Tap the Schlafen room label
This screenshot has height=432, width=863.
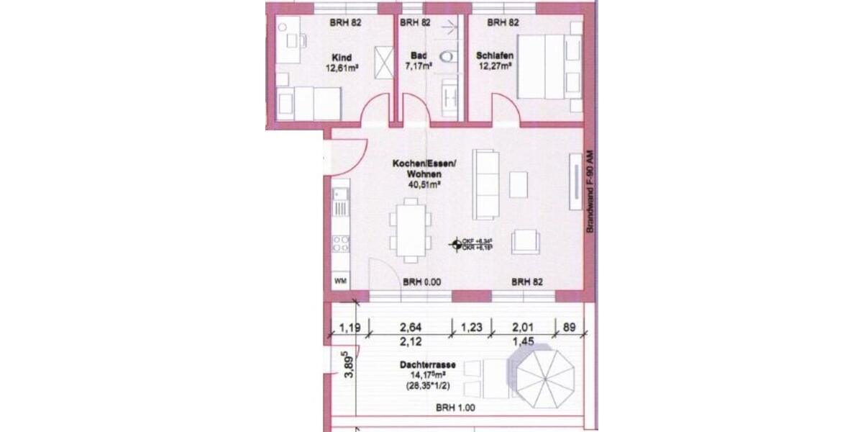click(x=493, y=55)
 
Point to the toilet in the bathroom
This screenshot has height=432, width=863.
click(x=449, y=54)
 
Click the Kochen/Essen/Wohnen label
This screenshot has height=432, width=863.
click(x=424, y=168)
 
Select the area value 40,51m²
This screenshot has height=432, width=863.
click(x=424, y=184)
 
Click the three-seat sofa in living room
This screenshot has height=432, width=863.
click(x=486, y=184)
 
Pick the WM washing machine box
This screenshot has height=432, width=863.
click(x=340, y=281)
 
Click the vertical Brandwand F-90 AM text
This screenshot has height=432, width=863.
click(x=589, y=190)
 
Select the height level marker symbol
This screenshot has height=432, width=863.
click(x=455, y=245)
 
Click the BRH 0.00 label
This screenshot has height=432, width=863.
click(x=421, y=283)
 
